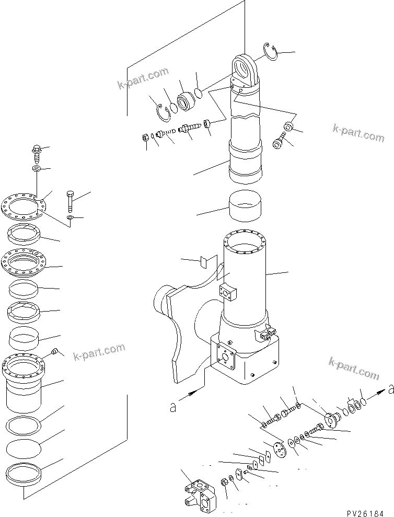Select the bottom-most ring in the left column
tap(25, 474)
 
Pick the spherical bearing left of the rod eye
tap(184, 101)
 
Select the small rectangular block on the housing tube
tap(228, 294)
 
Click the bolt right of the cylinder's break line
tap(279, 142)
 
